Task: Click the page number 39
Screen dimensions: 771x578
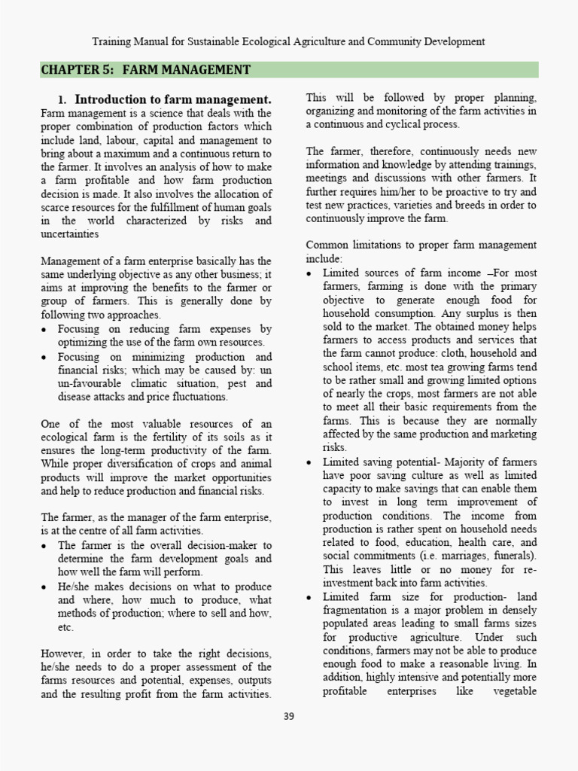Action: tap(289, 716)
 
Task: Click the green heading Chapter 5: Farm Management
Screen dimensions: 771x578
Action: tap(146, 70)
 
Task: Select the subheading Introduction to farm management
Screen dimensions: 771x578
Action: tap(173, 99)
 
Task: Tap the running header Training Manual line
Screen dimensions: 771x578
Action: tap(288, 41)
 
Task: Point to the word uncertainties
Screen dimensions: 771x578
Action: tap(70, 234)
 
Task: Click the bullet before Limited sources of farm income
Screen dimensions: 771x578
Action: tap(310, 273)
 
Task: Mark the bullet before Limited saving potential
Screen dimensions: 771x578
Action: tap(310, 462)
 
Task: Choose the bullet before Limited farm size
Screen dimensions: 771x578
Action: tap(310, 597)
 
